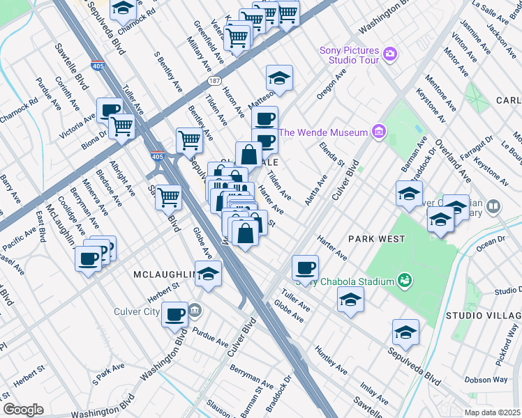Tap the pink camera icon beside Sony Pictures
pyautogui.click(x=390, y=53)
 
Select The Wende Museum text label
pyautogui.click(x=323, y=132)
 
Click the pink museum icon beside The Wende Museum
pyautogui.click(x=378, y=131)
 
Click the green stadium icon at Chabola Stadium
pyautogui.click(x=403, y=280)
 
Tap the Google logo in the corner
pyautogui.click(x=23, y=409)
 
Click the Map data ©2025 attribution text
pyautogui.click(x=493, y=412)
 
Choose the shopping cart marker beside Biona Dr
pyautogui.click(x=122, y=126)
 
